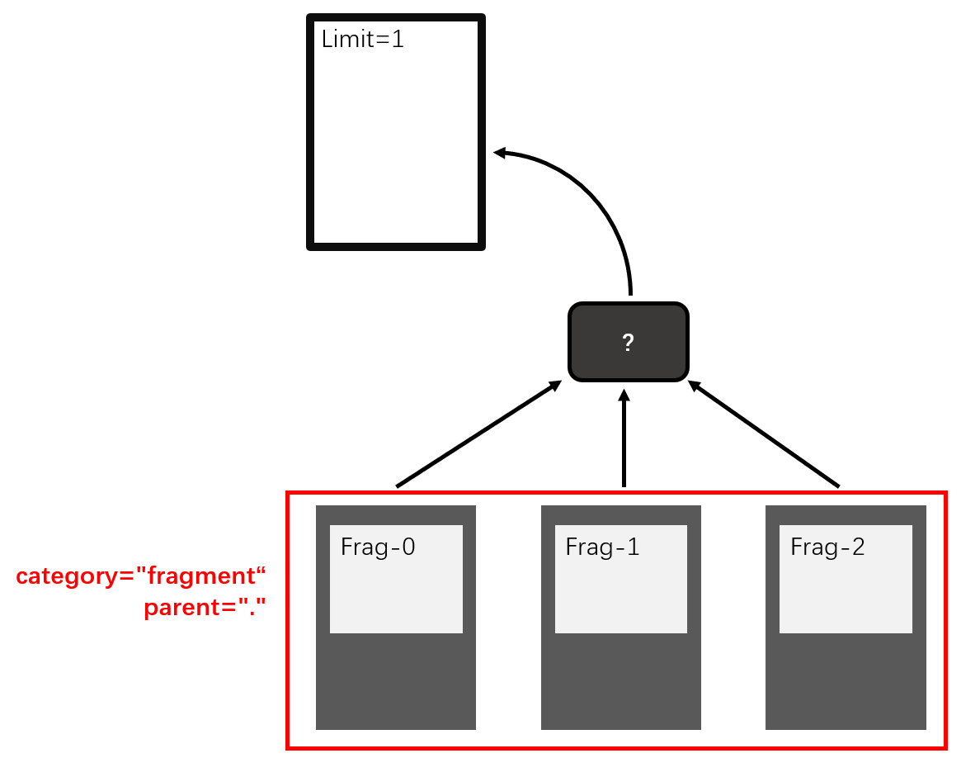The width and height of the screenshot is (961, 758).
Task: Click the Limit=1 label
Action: pos(363,39)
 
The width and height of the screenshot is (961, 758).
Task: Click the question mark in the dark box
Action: pos(628,343)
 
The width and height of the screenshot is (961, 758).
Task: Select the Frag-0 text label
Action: pos(378,547)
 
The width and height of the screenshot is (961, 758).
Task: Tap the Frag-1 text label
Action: pos(602,547)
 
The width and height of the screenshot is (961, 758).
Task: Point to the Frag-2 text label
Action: pos(827,547)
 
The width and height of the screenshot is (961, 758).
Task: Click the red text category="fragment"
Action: pos(142,576)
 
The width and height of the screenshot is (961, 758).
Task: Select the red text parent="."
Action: pos(205,609)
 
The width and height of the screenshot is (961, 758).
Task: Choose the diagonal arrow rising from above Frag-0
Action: pos(478,434)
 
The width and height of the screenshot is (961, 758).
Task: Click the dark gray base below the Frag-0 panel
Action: pos(396,681)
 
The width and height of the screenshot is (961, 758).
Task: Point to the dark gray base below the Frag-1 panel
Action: pos(621,681)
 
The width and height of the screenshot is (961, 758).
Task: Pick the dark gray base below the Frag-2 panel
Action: pos(846,681)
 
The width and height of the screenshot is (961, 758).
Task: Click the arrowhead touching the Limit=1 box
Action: pos(501,152)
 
